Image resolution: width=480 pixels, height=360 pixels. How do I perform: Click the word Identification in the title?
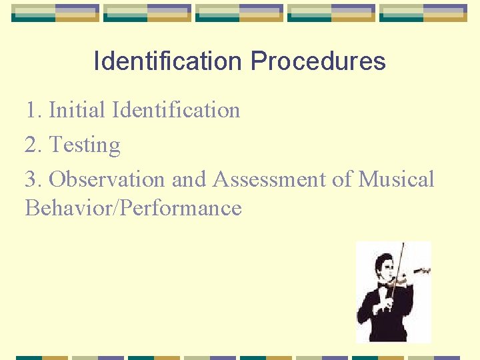167,61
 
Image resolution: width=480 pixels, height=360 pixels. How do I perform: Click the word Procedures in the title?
318,61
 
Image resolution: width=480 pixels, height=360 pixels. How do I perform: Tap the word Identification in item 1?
177,109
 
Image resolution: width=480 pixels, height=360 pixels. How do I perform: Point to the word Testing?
85,145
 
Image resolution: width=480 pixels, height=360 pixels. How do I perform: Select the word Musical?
396,179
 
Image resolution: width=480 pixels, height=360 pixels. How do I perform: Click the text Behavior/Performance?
133,208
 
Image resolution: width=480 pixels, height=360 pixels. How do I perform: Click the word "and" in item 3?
188,179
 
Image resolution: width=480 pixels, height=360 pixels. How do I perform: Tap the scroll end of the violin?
425,271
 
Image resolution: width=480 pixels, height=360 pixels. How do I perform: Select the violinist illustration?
393,292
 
